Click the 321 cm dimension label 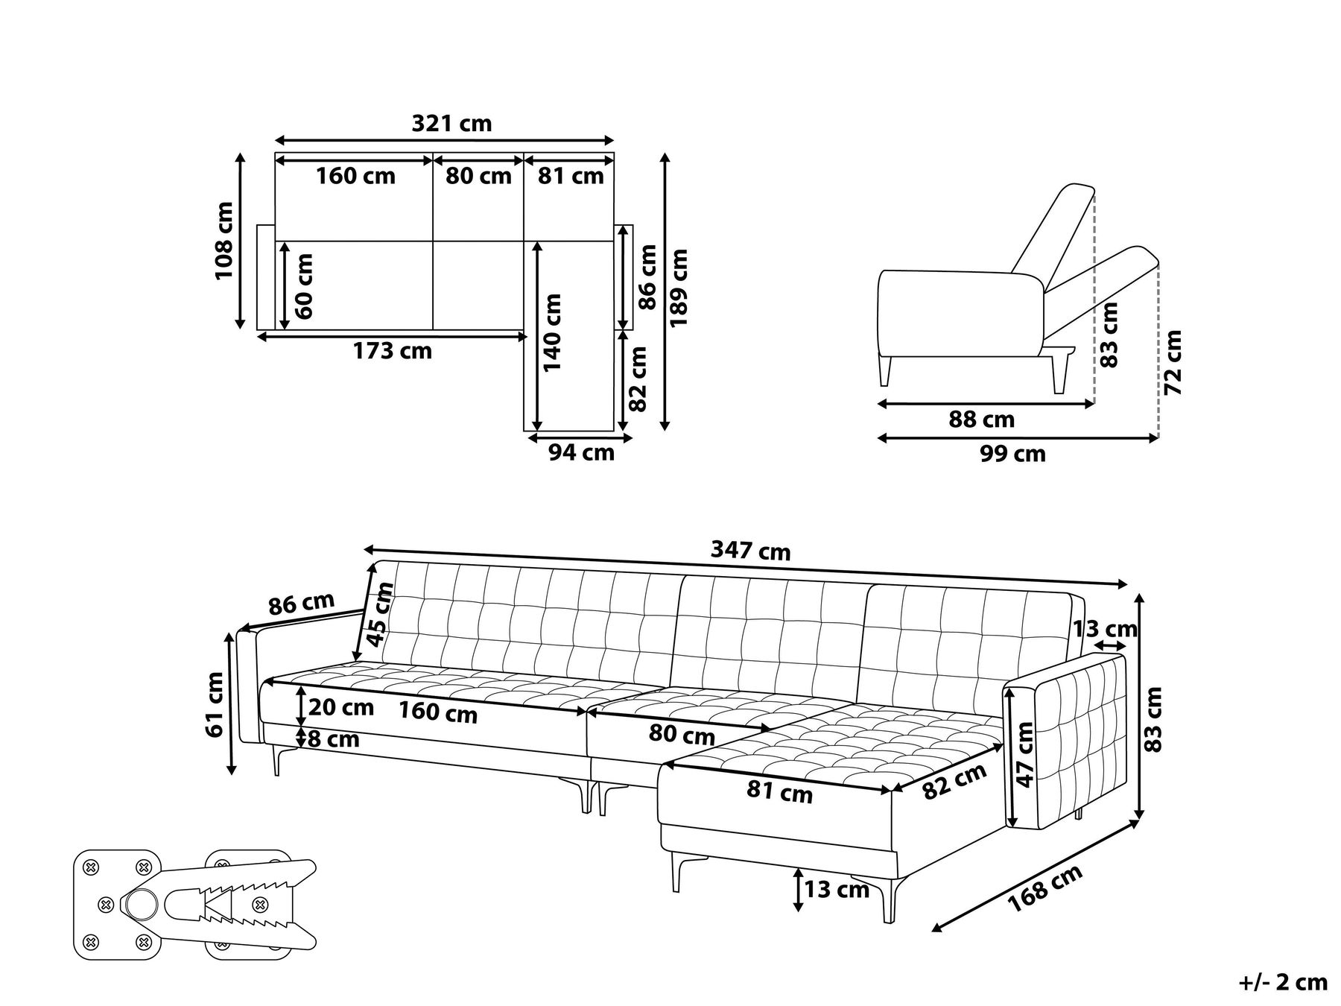451,123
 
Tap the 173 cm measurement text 393,350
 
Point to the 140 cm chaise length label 553,333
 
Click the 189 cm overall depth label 679,288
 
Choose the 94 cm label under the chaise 581,452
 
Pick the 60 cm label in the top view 304,286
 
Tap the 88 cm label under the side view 981,420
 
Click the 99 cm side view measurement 1012,453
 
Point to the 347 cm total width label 750,551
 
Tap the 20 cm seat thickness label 340,706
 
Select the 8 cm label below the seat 333,739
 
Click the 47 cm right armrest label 1026,754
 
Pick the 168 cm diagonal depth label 1044,889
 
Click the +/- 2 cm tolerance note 1283,982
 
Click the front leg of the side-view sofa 885,370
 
